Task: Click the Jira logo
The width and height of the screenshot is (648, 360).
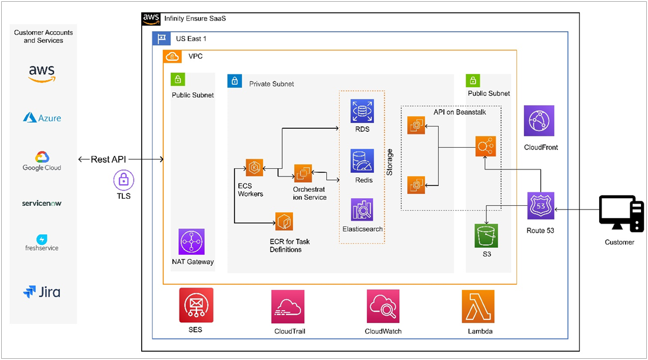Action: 42,292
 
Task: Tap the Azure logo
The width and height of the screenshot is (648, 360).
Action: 42,118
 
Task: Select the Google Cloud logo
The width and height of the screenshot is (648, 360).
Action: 42,161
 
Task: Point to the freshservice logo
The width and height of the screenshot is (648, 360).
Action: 42,242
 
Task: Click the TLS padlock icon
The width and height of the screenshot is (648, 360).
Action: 123,179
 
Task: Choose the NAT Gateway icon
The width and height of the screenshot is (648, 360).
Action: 192,242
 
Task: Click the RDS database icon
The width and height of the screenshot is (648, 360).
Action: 362,111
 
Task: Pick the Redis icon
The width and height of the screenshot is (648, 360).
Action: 362,161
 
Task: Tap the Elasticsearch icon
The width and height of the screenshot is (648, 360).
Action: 362,210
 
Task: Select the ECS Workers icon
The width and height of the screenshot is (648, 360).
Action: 255,168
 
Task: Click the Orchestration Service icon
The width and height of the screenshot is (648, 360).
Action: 302,173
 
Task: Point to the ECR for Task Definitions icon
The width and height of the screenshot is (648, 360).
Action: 284,222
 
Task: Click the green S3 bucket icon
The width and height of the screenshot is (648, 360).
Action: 486,236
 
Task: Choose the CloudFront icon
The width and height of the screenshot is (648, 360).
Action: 539,121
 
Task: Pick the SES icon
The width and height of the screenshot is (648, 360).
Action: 196,305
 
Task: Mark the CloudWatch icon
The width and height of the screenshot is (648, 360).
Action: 383,306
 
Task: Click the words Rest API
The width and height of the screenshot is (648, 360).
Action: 108,159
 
